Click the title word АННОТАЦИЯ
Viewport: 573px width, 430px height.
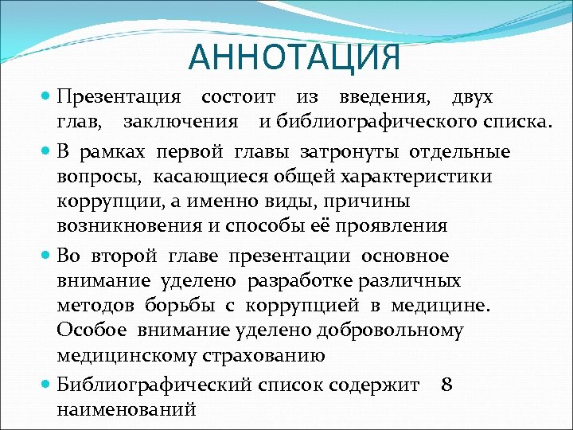click(x=294, y=57)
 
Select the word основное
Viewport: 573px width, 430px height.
click(x=405, y=256)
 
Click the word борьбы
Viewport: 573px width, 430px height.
click(x=173, y=306)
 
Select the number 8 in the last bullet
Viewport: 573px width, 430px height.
click(x=446, y=385)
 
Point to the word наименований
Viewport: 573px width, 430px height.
click(x=127, y=410)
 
